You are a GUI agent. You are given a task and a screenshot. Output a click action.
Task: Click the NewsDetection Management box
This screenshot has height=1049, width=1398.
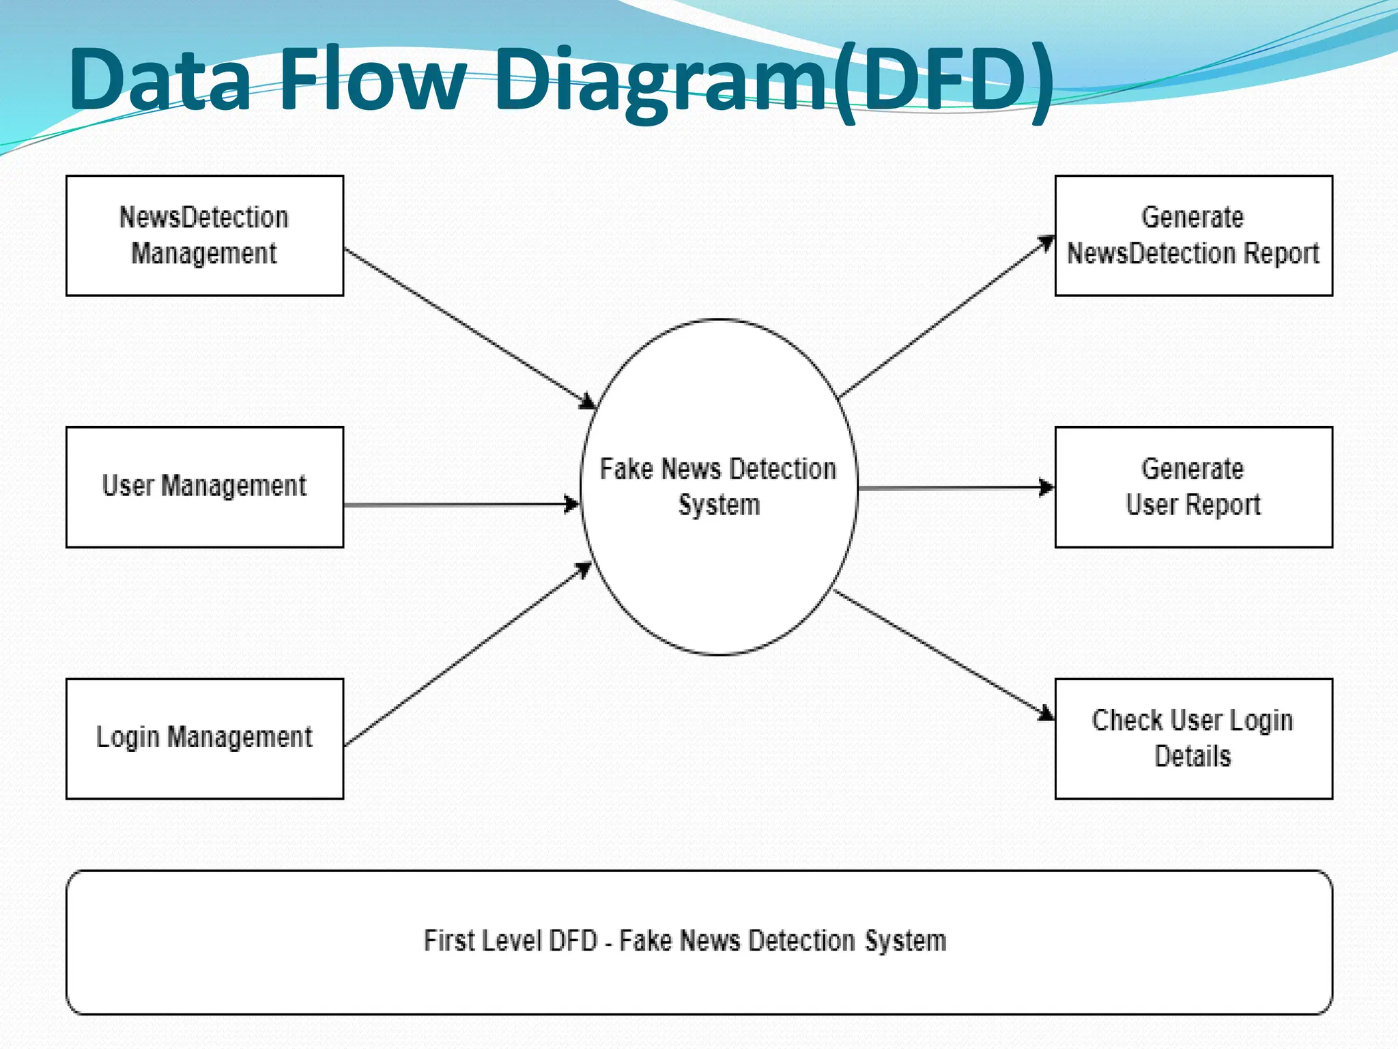(x=204, y=236)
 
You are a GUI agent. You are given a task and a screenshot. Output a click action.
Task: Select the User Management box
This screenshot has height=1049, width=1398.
(x=204, y=487)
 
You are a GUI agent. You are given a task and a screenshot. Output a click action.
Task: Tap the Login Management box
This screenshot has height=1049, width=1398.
(x=204, y=738)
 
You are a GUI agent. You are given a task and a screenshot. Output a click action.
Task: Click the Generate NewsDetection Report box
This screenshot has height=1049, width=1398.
(x=1193, y=236)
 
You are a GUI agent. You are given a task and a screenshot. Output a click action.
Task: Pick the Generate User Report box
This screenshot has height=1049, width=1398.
(x=1193, y=487)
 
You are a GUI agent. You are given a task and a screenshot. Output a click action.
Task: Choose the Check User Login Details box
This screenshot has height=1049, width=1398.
(x=1193, y=738)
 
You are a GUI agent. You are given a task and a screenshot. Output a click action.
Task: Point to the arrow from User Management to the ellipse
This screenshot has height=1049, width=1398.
(x=461, y=505)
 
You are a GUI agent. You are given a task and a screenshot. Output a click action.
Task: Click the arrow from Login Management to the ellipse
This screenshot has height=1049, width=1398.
(x=468, y=654)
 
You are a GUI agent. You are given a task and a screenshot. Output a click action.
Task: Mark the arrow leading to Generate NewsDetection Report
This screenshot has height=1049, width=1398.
(x=945, y=318)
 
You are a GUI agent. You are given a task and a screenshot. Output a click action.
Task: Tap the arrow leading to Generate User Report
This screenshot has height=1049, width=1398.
(x=956, y=488)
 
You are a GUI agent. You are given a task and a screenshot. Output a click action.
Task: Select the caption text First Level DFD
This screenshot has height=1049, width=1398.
(x=511, y=940)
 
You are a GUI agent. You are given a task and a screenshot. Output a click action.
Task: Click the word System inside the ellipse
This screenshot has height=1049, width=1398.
(x=719, y=505)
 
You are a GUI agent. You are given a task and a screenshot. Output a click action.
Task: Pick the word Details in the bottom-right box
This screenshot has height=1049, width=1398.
(x=1193, y=757)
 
